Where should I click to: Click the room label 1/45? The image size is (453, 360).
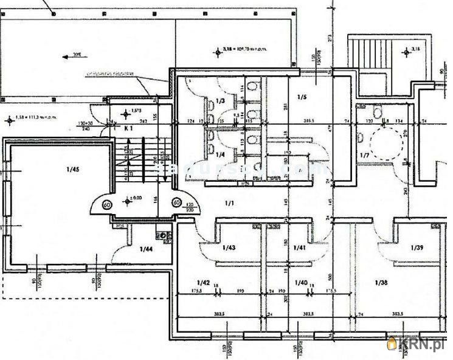pyautogui.click(x=57, y=170)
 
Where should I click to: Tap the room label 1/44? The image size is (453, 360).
pyautogui.click(x=146, y=248)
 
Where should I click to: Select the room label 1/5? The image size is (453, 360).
pyautogui.click(x=302, y=97)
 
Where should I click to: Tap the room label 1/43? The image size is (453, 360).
pyautogui.click(x=229, y=247)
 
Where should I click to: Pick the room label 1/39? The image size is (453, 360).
pyautogui.click(x=417, y=247)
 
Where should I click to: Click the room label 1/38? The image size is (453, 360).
pyautogui.click(x=381, y=282)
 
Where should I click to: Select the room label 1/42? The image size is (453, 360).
pyautogui.click(x=203, y=282)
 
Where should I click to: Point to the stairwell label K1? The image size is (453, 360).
pyautogui.click(x=128, y=129)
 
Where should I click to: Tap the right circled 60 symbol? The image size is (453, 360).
pyautogui.click(x=177, y=202)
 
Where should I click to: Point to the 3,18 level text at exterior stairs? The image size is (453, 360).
pyautogui.click(x=415, y=49)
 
